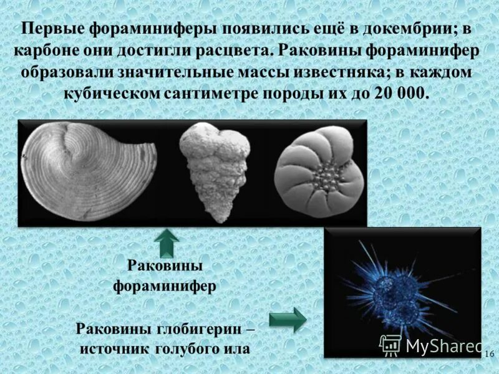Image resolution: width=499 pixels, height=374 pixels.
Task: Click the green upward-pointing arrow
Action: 167,244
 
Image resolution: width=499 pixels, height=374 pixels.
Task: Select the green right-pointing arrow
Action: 288,320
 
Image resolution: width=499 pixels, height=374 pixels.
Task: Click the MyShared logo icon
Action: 390,345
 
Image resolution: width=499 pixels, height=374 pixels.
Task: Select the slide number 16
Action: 489,353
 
